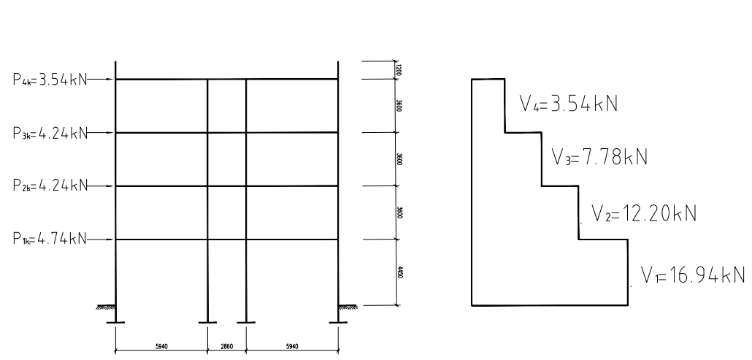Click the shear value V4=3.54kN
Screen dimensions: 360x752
tap(569, 104)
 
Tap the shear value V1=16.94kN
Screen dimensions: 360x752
tap(693, 275)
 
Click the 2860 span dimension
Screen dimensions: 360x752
tap(226, 345)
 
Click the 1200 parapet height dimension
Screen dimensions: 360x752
tap(400, 69)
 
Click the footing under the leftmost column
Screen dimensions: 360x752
tap(116, 321)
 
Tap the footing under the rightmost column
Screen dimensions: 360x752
tap(338, 321)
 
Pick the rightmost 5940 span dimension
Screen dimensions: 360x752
tap(291, 345)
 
